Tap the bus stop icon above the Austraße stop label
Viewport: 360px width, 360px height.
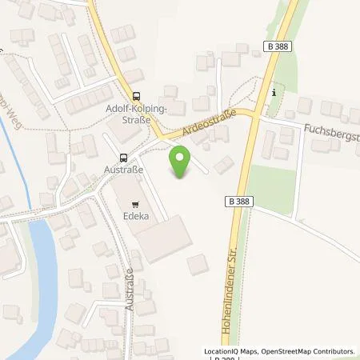click(123, 157)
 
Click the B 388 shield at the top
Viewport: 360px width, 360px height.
click(276, 48)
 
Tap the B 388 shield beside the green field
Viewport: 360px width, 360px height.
click(238, 201)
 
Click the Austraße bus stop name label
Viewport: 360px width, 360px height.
click(123, 169)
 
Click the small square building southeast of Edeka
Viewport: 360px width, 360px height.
click(198, 266)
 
